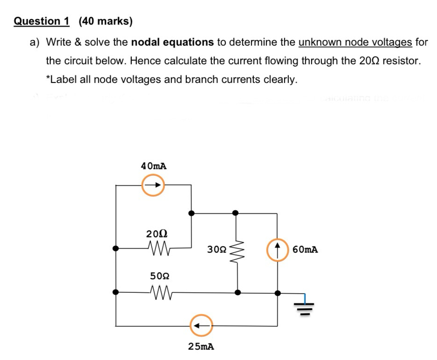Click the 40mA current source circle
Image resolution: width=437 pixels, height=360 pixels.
tap(153, 185)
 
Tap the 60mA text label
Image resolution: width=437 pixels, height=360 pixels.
tap(306, 249)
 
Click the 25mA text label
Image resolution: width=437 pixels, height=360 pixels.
tap(201, 346)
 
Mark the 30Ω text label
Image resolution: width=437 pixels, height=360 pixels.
tap(217, 250)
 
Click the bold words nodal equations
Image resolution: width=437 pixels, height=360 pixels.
tap(172, 42)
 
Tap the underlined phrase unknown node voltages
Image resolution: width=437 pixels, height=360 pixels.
tap(355, 42)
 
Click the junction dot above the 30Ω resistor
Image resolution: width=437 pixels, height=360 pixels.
tap(236, 213)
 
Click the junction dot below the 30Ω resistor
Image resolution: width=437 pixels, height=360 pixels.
tap(238, 293)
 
